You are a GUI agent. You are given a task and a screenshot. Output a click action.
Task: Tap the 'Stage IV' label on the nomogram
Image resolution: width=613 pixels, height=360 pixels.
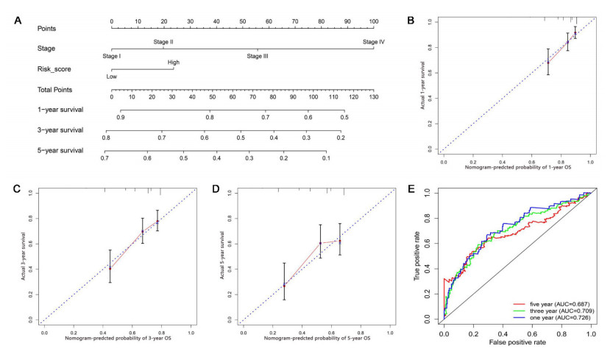coord(373,42)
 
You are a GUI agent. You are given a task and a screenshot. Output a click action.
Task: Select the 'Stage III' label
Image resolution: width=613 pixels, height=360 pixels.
coord(258,57)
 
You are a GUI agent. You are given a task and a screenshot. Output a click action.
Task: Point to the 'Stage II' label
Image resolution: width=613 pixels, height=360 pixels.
coord(163,42)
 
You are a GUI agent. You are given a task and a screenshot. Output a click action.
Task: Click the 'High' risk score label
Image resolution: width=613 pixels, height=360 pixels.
coord(173,63)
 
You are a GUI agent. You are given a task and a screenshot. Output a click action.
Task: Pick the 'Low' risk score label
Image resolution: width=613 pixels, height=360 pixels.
coord(112,77)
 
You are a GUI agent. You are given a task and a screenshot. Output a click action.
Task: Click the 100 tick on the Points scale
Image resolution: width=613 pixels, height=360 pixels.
coord(373,22)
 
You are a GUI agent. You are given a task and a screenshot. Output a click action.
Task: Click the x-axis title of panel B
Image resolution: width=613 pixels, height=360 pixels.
coord(517,166)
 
